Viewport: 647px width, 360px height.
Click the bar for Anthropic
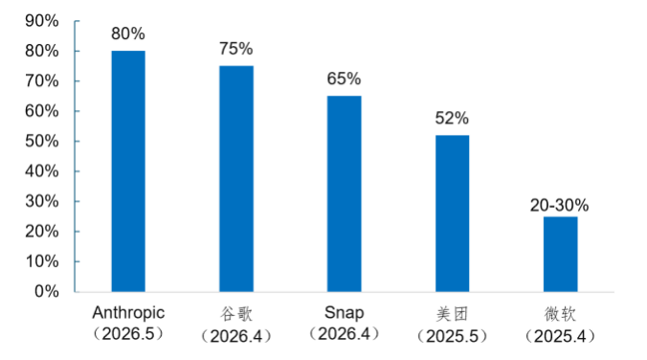click(x=128, y=171)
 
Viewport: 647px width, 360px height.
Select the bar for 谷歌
click(x=236, y=179)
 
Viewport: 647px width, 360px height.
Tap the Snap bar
click(x=345, y=194)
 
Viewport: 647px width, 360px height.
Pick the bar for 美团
click(x=453, y=214)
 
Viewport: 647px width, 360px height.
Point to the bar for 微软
click(x=560, y=255)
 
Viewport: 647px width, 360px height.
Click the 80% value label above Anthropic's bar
click(x=128, y=34)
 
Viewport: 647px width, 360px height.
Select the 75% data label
click(x=236, y=49)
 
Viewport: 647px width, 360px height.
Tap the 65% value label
click(x=345, y=79)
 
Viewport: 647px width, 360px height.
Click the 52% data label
click(x=452, y=119)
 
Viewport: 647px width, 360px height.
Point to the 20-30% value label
click(x=560, y=205)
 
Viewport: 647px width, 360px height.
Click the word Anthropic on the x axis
click(x=128, y=313)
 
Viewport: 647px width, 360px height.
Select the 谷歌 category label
click(x=236, y=314)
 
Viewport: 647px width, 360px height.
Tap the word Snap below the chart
click(x=345, y=313)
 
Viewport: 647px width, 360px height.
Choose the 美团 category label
click(x=453, y=314)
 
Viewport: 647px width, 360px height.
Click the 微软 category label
click(x=560, y=314)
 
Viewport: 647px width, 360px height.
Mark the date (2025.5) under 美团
click(x=453, y=336)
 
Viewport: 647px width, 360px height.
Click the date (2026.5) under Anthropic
click(x=128, y=333)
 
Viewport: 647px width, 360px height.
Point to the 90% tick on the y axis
click(x=42, y=21)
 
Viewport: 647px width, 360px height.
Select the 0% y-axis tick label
click(x=46, y=291)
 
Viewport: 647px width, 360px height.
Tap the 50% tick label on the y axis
click(x=42, y=141)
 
